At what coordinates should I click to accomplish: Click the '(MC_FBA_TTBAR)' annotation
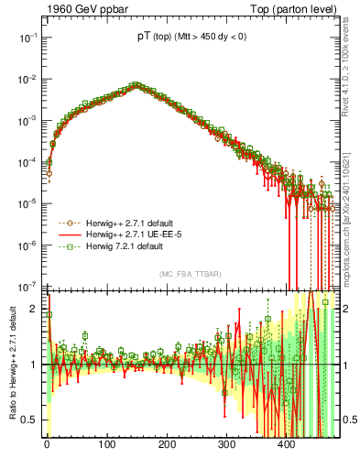pos(191,275)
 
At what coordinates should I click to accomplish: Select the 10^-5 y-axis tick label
pos(28,203)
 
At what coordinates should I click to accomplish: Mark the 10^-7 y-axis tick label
pos(28,287)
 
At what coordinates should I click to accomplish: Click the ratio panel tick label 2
pos(35,309)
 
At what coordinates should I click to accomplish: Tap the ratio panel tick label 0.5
pos(31,420)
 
